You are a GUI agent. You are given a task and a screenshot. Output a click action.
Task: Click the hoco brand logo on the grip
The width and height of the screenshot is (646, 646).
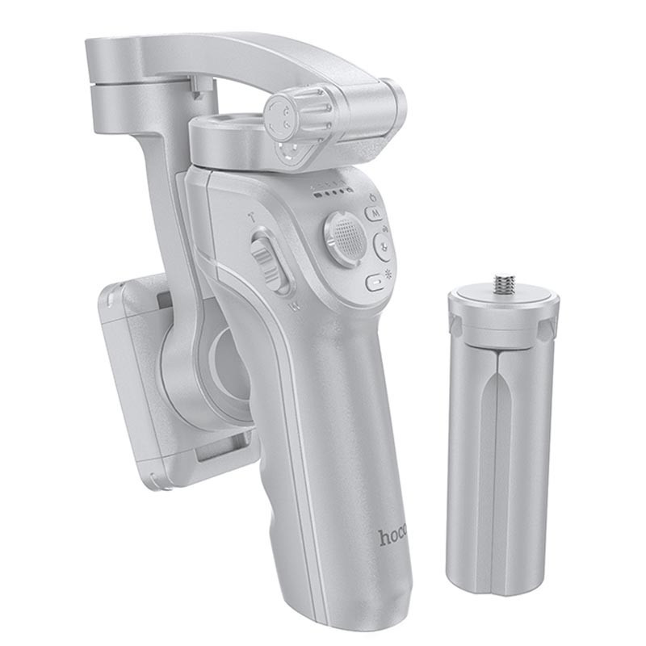pyautogui.click(x=393, y=536)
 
